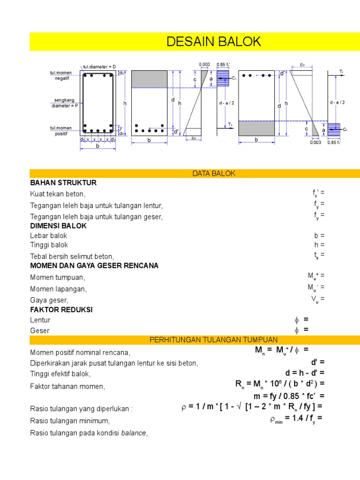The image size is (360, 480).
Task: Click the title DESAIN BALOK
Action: [x=213, y=42]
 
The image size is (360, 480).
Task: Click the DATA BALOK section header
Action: [x=213, y=173]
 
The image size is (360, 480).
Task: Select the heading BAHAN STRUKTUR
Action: [x=63, y=183]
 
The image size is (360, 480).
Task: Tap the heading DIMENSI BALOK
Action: [x=59, y=225]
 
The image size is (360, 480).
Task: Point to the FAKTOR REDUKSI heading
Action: [x=61, y=310]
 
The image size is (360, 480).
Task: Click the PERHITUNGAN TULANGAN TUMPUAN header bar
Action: [x=213, y=339]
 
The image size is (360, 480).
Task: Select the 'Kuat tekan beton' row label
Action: [x=58, y=194]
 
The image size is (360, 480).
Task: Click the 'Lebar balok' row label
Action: [x=49, y=236]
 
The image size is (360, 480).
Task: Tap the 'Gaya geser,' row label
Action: [x=49, y=300]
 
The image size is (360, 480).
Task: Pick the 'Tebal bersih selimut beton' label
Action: [x=72, y=256]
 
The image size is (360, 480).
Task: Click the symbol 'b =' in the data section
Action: [x=319, y=236]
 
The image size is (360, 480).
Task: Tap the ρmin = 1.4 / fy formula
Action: [x=296, y=418]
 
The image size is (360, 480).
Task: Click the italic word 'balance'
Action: [x=134, y=433]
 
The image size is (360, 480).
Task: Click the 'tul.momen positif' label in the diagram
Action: [x=61, y=130]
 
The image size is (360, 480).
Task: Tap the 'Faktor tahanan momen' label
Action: [x=68, y=387]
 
